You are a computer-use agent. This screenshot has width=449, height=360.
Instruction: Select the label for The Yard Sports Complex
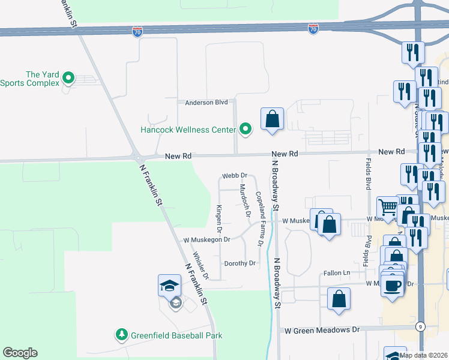[30, 79]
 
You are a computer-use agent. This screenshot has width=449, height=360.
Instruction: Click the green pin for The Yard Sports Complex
[68, 78]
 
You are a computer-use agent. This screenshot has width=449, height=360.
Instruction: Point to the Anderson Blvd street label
[206, 103]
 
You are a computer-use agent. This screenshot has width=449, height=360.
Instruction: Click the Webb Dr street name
[235, 176]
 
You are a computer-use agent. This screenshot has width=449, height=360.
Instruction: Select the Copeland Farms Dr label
[260, 219]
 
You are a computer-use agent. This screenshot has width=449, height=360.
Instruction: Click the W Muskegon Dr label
[207, 240]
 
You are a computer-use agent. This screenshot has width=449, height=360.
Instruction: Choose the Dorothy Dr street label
[240, 263]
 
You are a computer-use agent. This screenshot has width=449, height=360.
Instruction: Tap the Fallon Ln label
[337, 273]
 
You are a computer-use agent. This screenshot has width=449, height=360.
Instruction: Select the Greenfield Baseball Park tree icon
[122, 334]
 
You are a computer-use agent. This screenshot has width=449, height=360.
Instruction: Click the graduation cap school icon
[169, 286]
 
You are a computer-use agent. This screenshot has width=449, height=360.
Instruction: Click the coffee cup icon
[393, 286]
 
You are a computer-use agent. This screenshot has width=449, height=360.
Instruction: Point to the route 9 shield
[418, 326]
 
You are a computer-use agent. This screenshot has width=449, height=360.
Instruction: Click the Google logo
[20, 353]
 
